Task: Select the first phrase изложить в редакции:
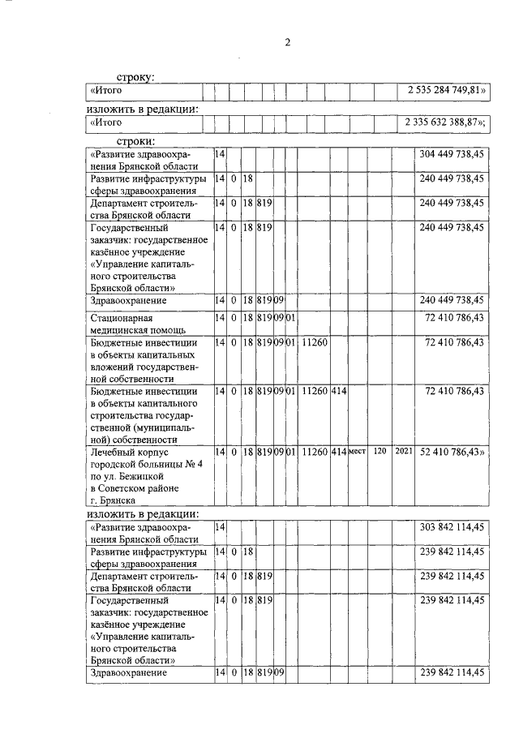coord(143,107)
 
